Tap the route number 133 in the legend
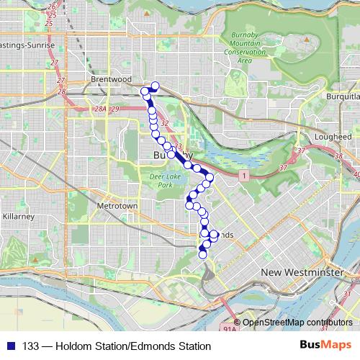[32, 346]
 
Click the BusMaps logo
[325, 346]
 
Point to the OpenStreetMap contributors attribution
[296, 322]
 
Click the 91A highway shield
[230, 328]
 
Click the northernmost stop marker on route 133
[154, 86]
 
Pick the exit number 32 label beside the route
[165, 124]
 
